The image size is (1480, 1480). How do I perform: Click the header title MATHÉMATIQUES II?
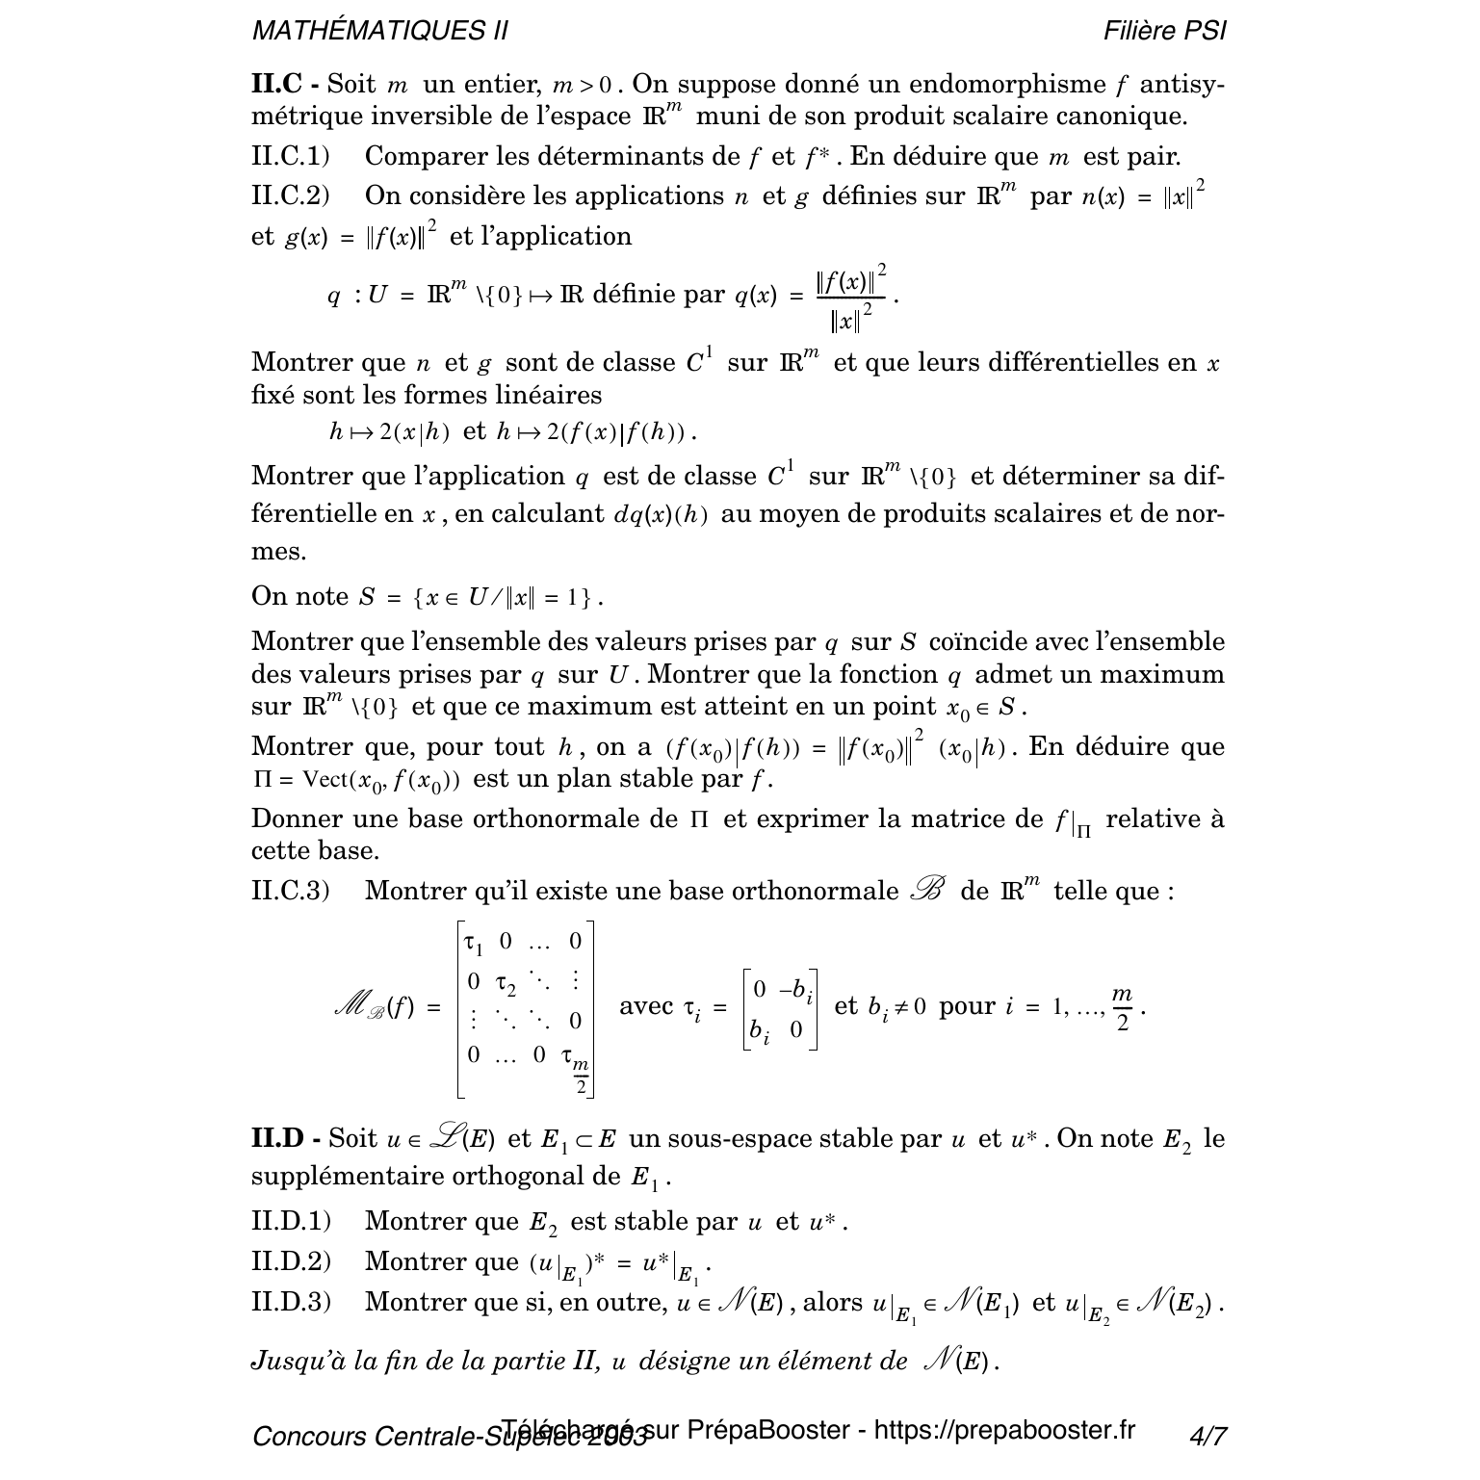pos(379,31)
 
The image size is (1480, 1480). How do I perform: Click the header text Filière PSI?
pos(1165,31)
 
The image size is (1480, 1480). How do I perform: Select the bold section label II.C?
pos(277,84)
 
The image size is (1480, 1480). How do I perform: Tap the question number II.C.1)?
pos(290,156)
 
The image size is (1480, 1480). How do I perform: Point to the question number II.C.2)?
pos(290,195)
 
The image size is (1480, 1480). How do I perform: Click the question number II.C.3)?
pos(290,891)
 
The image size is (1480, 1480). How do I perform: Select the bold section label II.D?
pos(278,1139)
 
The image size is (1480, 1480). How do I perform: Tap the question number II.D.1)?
pos(291,1222)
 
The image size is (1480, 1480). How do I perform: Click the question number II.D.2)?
pos(291,1261)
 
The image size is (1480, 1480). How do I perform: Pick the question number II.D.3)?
pos(291,1302)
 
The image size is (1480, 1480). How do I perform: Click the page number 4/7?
pos(1207,1437)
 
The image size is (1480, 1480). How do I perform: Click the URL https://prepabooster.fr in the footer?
pos(1004,1430)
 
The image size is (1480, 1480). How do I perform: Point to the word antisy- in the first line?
pos(1183,84)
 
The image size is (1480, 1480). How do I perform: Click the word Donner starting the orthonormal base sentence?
pos(297,819)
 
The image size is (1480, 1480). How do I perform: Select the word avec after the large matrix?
pos(646,1006)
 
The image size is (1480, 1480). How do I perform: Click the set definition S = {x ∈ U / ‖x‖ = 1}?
pos(480,598)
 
